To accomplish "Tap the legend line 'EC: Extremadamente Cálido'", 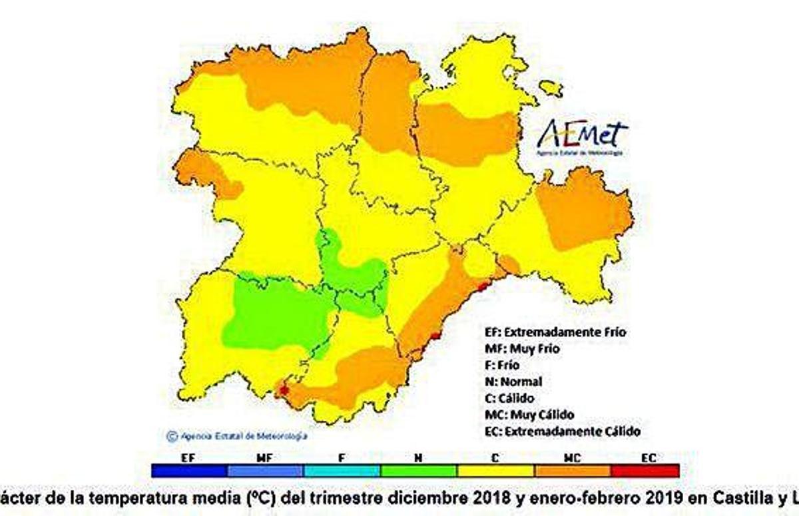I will tap(563, 431).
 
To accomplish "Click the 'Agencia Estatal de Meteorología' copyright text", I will tap(237, 437).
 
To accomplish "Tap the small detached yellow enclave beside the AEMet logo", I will tap(551, 88).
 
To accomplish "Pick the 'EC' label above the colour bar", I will tap(649, 458).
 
